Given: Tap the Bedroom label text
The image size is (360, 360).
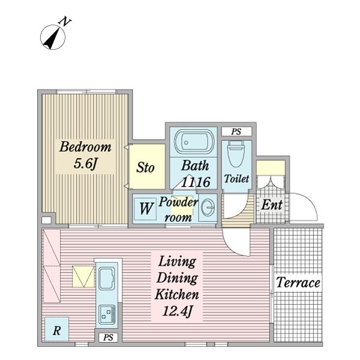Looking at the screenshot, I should pyautogui.click(x=85, y=147).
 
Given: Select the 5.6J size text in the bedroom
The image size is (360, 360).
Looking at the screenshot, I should pyautogui.click(x=85, y=165).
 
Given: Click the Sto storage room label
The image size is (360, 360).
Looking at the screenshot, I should pyautogui.click(x=145, y=167).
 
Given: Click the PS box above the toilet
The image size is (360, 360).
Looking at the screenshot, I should pyautogui.click(x=236, y=131).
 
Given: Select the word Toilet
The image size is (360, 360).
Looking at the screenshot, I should pyautogui.click(x=236, y=179).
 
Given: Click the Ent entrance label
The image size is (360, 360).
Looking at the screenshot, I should pyautogui.click(x=271, y=205).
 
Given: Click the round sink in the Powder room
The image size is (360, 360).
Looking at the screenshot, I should pyautogui.click(x=208, y=208).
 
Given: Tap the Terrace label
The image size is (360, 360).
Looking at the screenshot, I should pyautogui.click(x=298, y=282).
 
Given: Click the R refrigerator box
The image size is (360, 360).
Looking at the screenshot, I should pyautogui.click(x=56, y=330).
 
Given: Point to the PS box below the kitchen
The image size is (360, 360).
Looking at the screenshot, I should pyautogui.click(x=108, y=338).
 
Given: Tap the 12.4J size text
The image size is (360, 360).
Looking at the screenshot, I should pyautogui.click(x=177, y=311).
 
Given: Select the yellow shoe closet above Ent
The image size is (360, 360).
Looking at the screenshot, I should pyautogui.click(x=271, y=167).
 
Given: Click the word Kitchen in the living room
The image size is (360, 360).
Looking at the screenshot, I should pyautogui.click(x=177, y=295).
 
